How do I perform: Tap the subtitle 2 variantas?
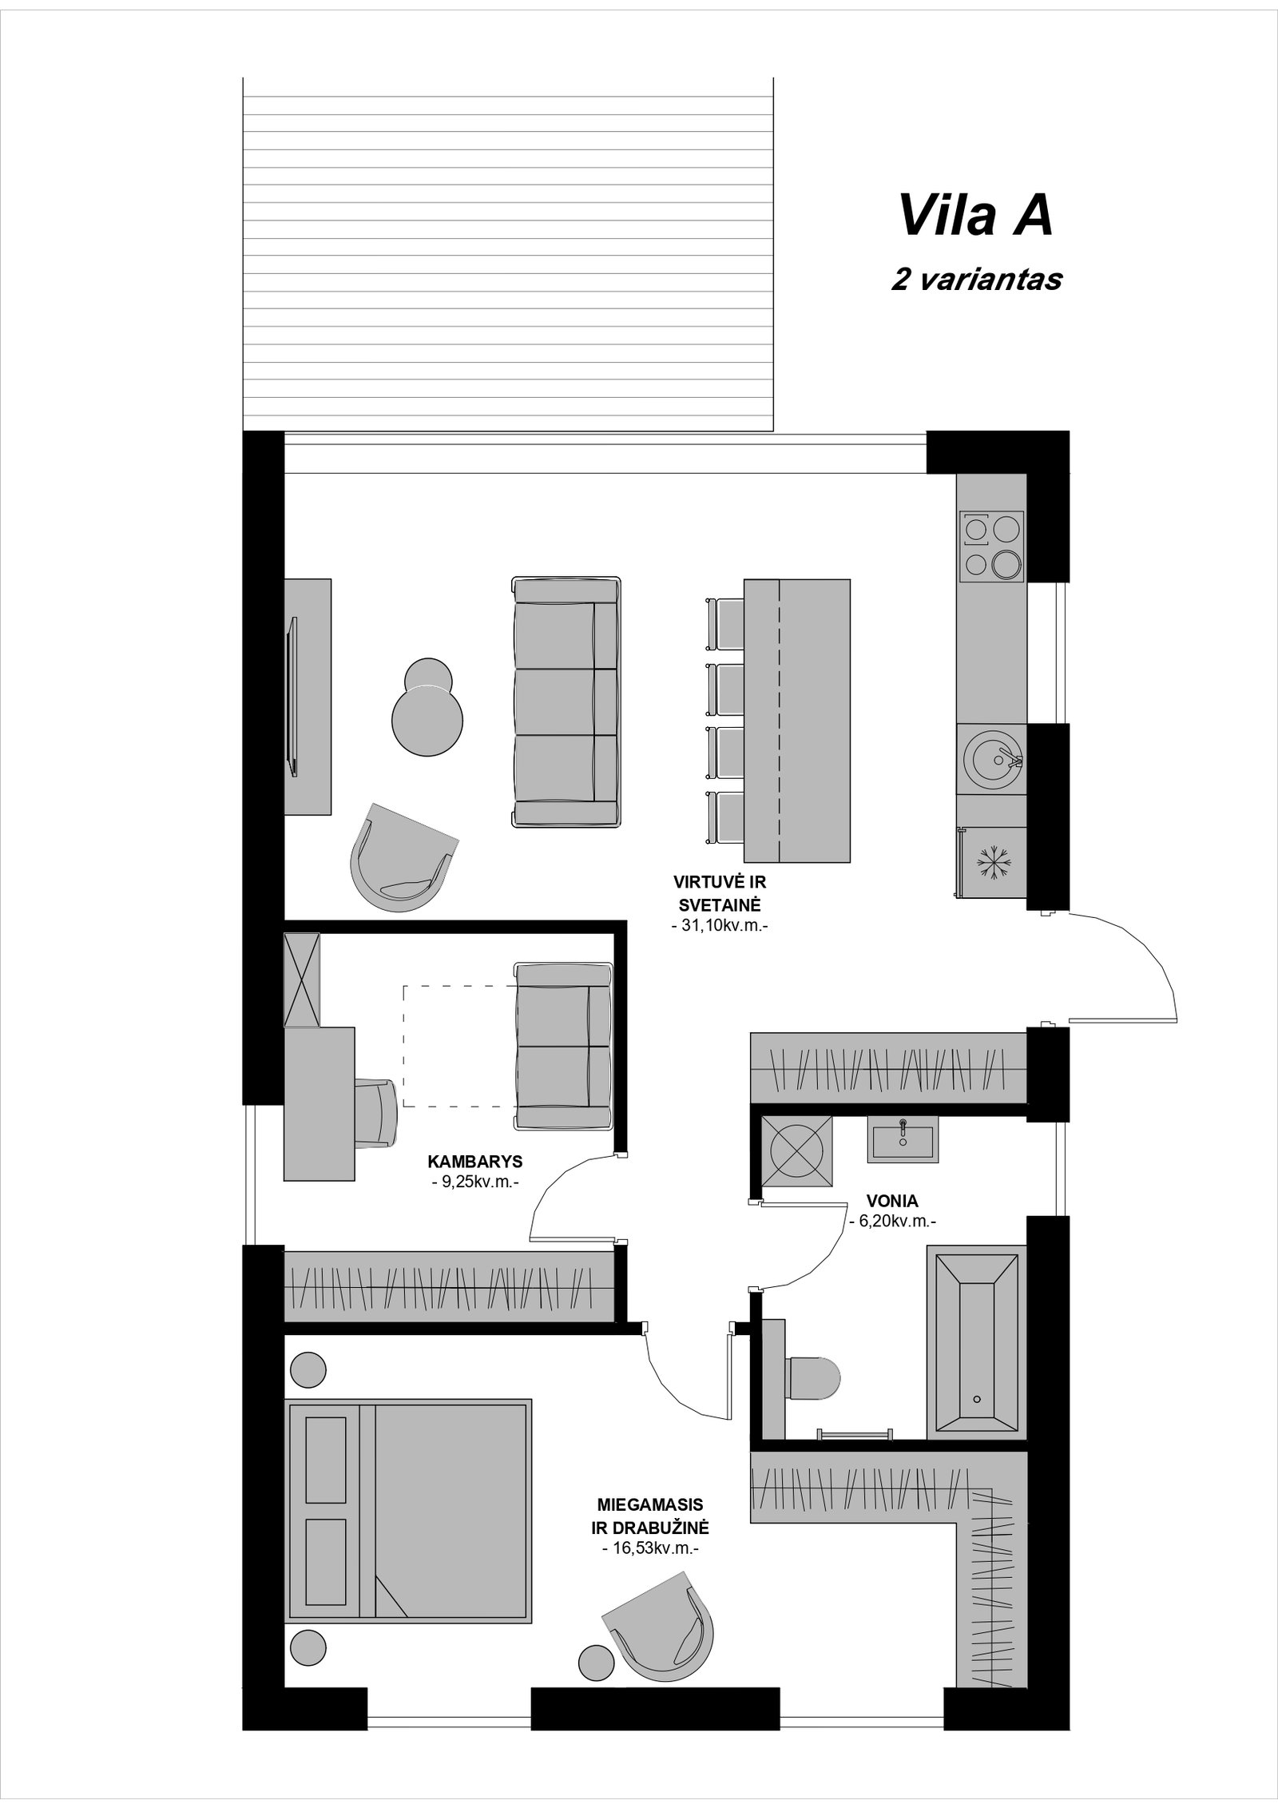tap(976, 280)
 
